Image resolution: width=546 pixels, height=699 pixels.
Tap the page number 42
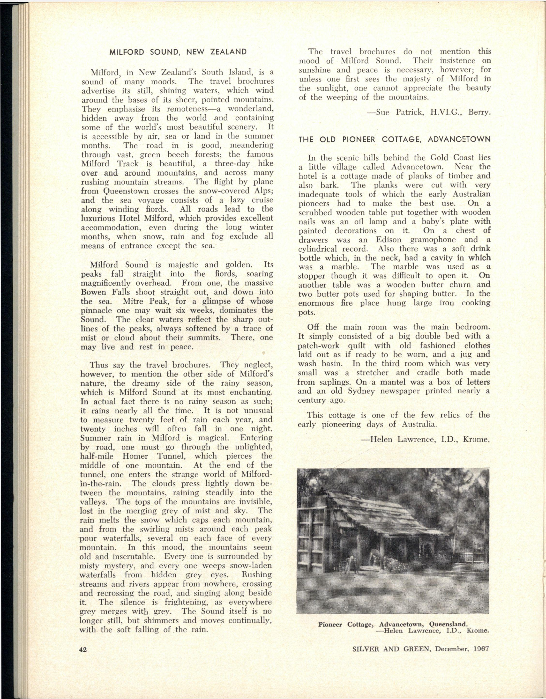coord(83,649)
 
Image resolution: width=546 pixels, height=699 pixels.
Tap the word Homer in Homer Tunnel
coord(135,456)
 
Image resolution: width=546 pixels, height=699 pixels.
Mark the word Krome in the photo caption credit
coord(478,631)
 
